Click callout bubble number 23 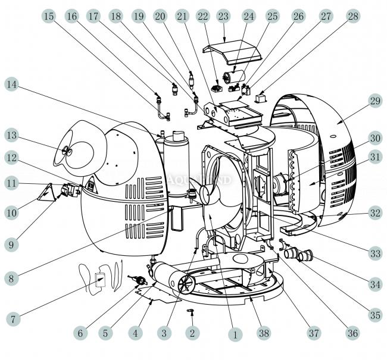[223, 16]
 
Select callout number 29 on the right [373, 101]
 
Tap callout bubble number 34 [374, 284]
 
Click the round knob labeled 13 [66, 153]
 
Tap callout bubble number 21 [183, 16]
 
